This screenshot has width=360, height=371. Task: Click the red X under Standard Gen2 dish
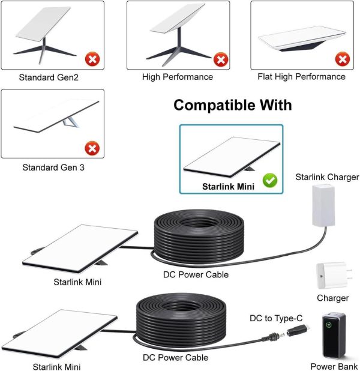[92, 59]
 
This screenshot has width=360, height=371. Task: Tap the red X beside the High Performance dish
[221, 59]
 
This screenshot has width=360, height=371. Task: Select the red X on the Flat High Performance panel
[343, 59]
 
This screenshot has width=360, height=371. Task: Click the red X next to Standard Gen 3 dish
[92, 148]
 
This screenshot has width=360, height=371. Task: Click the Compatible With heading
[232, 106]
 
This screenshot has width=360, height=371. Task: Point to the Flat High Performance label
[301, 77]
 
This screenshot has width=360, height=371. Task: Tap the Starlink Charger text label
[328, 177]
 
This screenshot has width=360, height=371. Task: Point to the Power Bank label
[334, 366]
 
